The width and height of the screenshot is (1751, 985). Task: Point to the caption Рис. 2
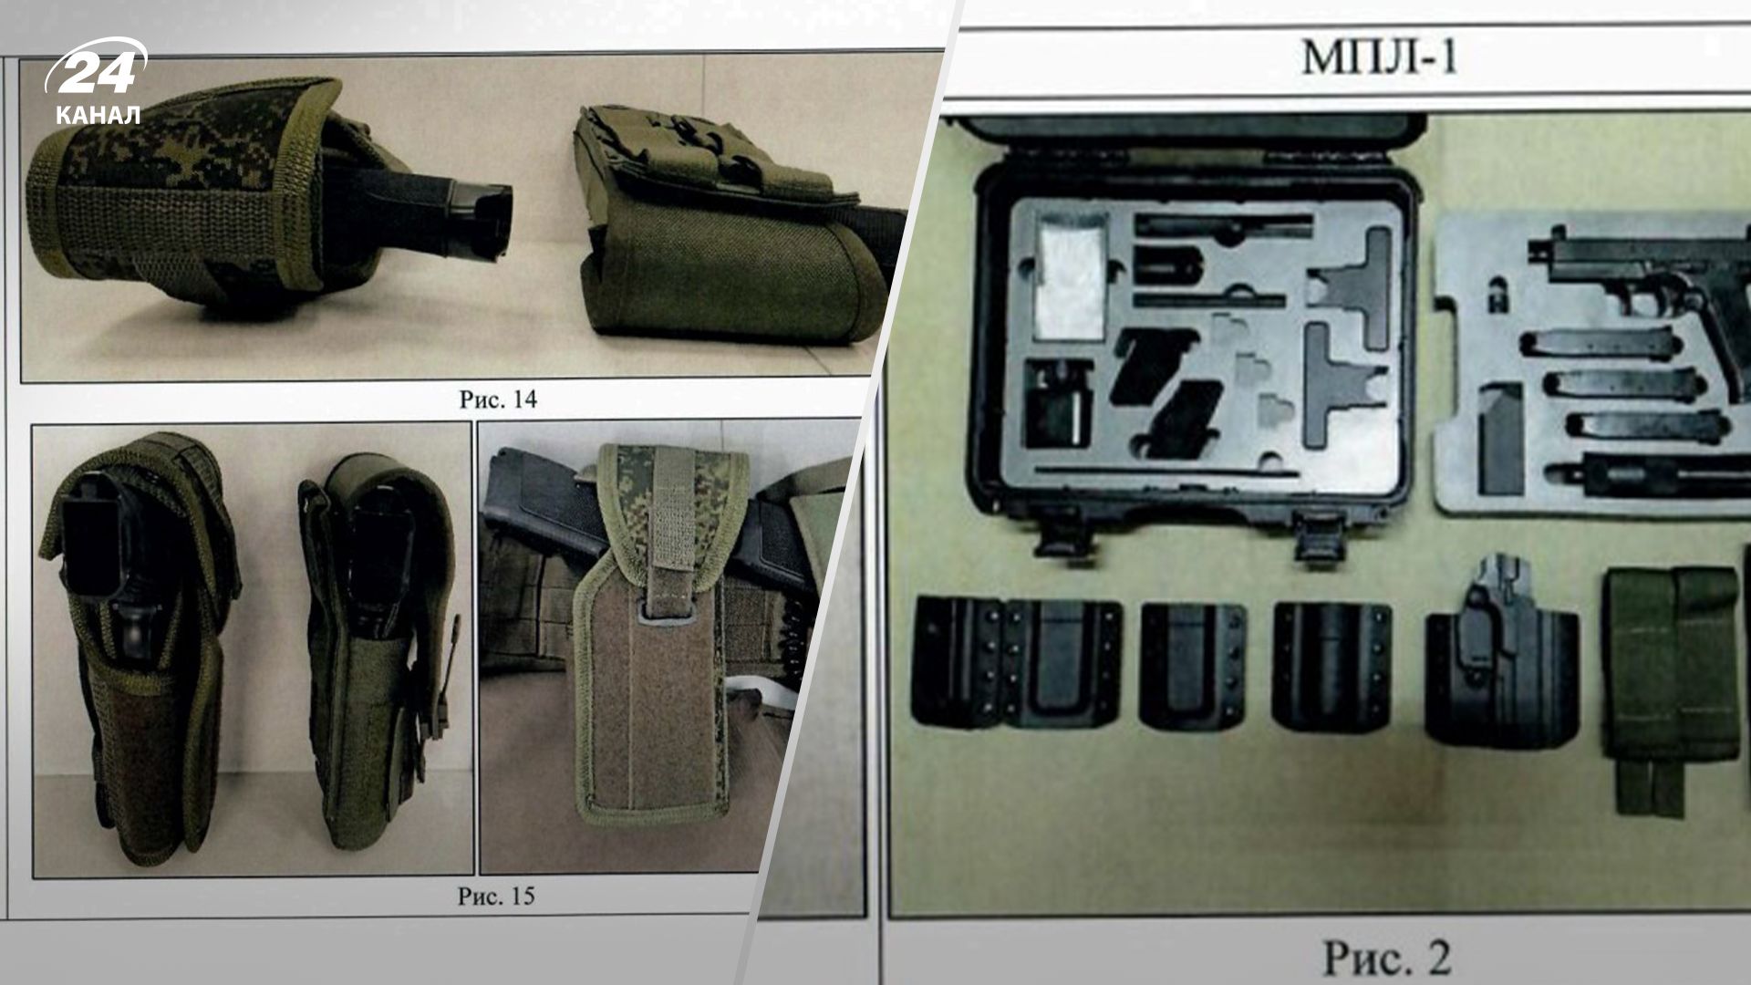1386,958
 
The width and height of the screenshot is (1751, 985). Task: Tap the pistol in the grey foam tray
1642,274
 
